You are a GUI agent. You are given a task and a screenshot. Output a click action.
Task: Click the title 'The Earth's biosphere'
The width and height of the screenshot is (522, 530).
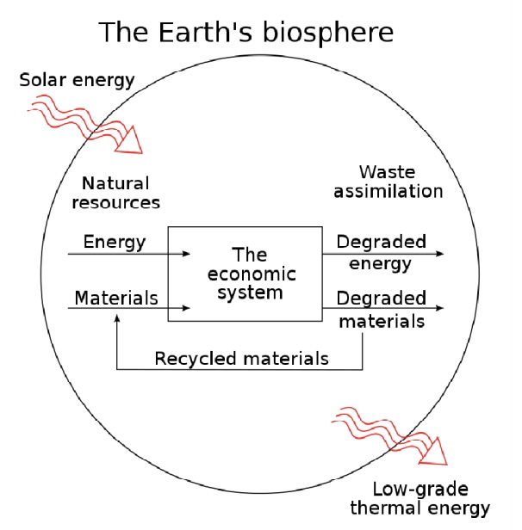coord(245,32)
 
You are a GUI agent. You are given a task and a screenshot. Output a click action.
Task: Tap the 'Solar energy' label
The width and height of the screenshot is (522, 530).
coord(77,81)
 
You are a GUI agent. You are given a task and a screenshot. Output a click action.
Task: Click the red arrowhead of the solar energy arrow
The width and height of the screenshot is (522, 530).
coord(134,139)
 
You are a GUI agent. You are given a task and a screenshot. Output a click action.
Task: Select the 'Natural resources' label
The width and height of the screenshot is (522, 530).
coord(121,194)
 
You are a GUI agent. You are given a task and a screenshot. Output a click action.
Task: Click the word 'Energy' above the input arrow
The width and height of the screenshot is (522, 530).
coord(115,241)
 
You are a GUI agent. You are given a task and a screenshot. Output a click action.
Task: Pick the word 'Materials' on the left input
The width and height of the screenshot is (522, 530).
coord(116,299)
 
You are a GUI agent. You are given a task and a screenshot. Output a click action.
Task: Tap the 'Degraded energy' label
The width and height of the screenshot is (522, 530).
coord(382,252)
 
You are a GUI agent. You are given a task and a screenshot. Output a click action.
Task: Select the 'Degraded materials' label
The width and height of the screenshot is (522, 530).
coord(382,310)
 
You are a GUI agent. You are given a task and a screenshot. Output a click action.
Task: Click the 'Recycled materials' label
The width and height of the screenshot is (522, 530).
coord(241,357)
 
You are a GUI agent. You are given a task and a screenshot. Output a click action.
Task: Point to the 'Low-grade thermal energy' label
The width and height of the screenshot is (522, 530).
coord(431,498)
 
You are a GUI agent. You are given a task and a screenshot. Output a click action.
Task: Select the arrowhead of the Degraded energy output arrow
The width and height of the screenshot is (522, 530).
coord(440,255)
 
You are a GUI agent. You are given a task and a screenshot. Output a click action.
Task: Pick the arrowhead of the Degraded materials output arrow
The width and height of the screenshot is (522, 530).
coord(440,307)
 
